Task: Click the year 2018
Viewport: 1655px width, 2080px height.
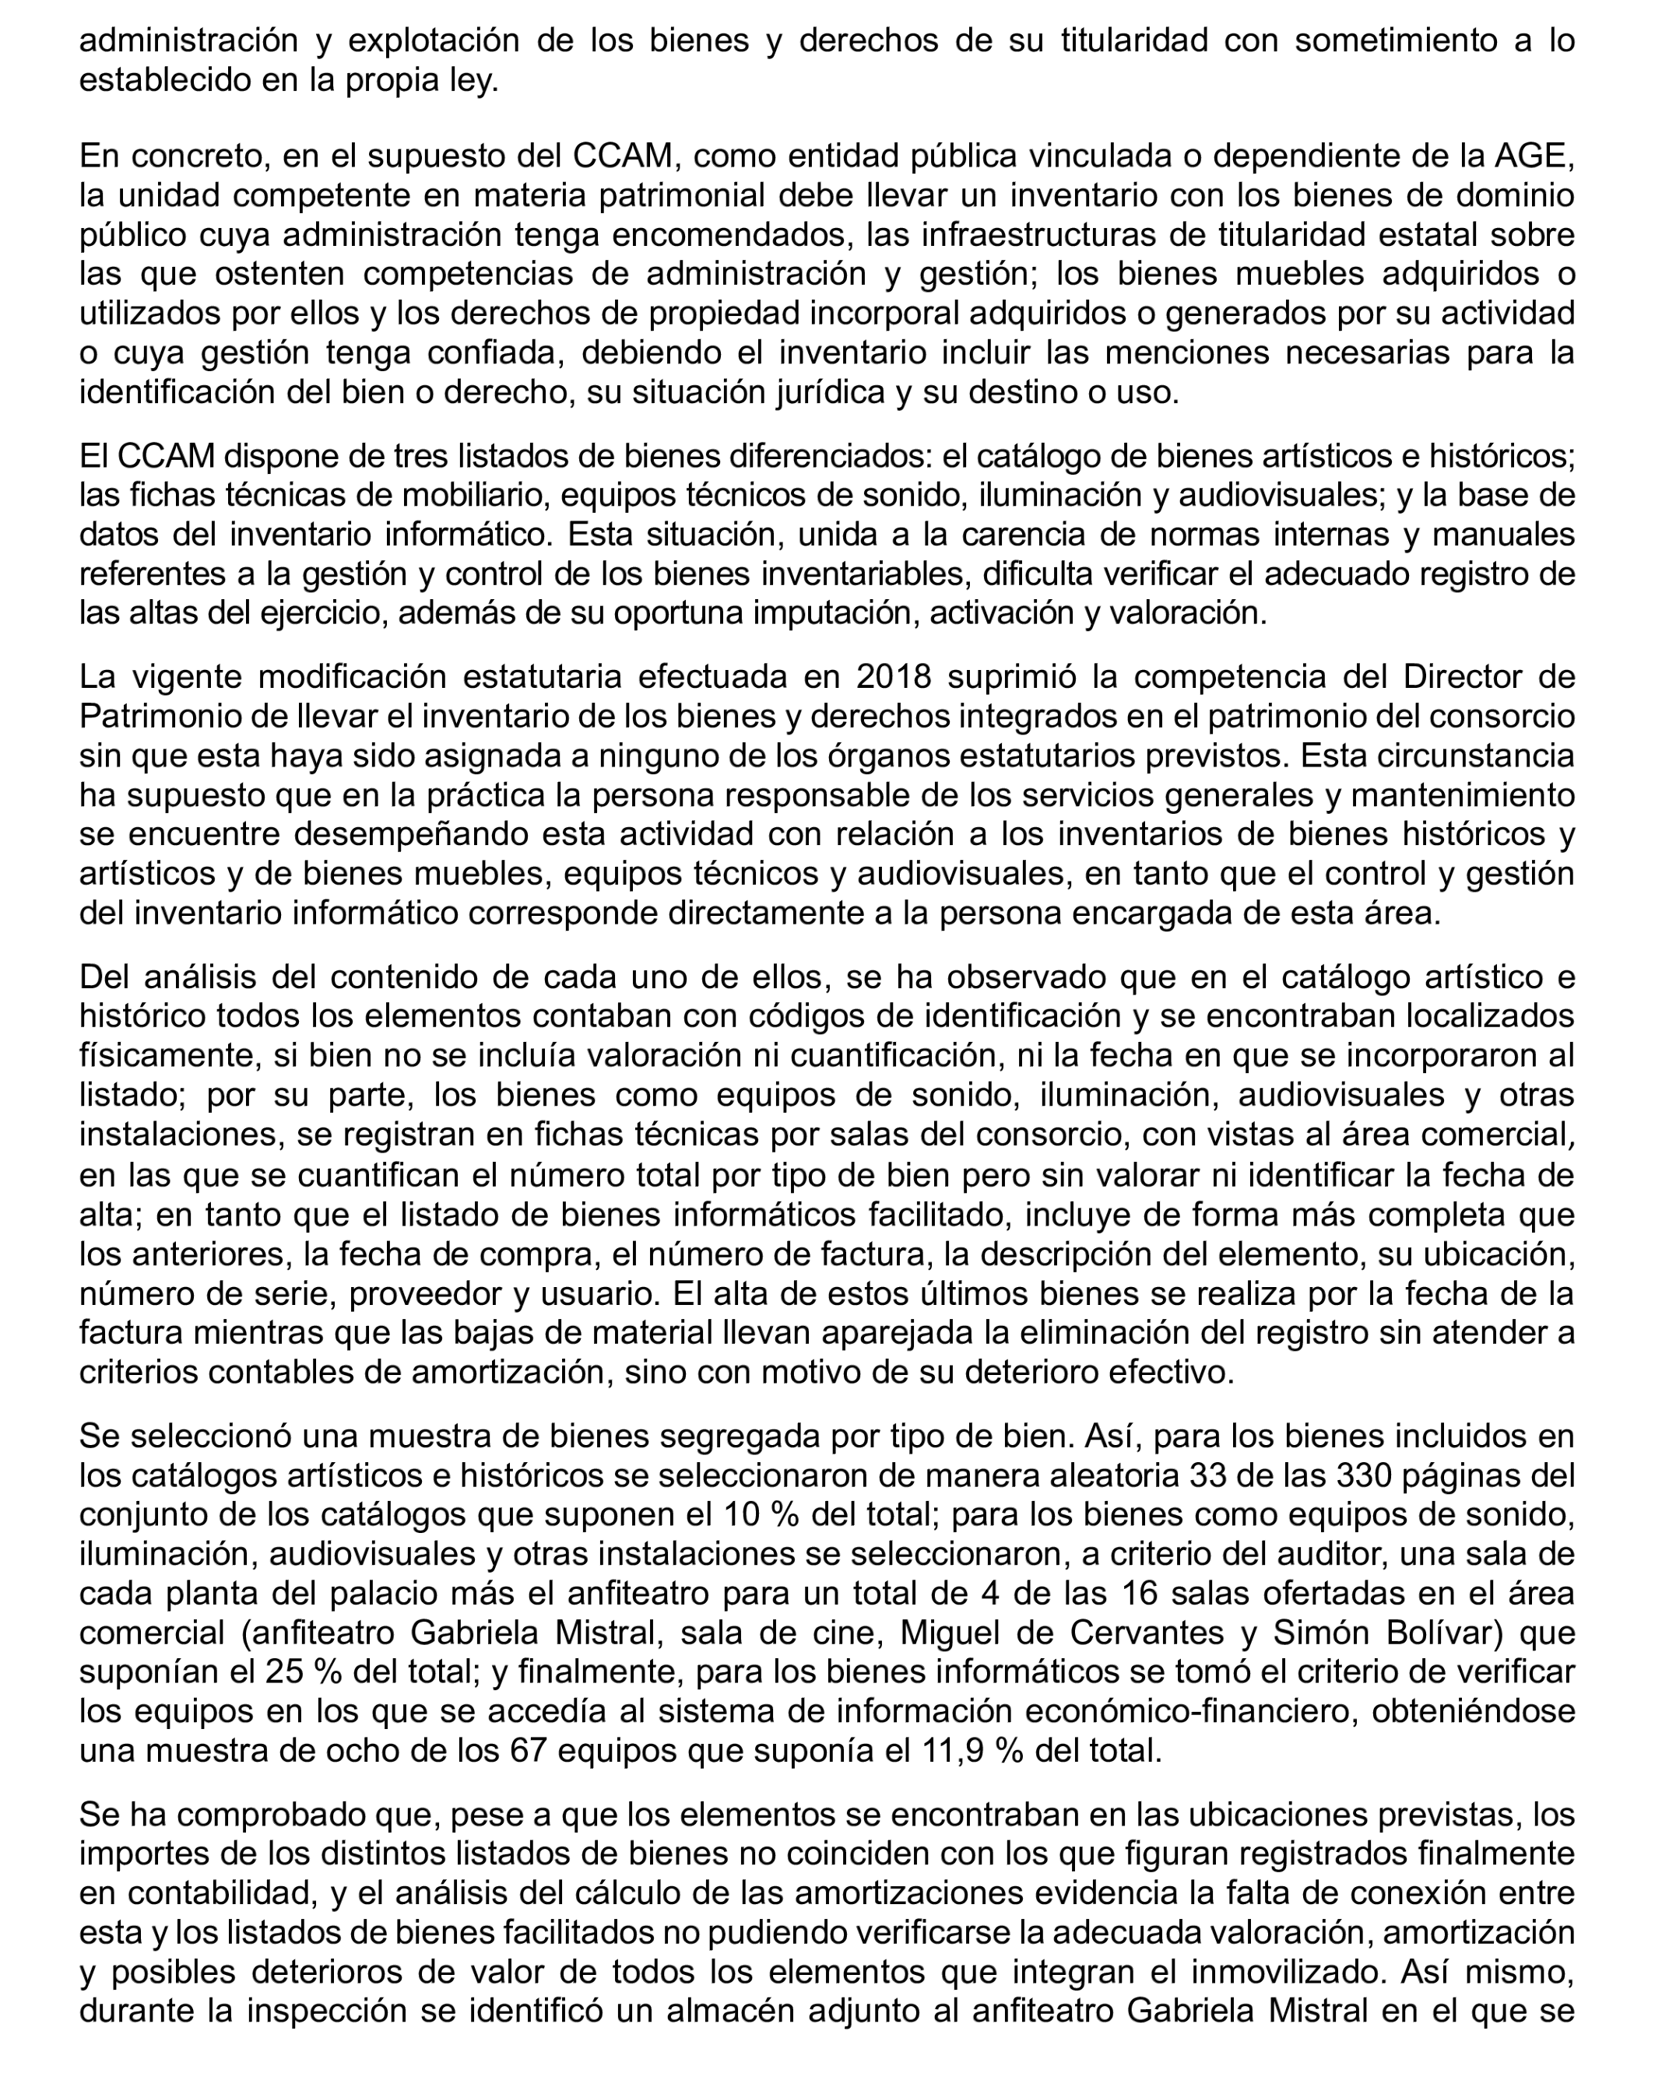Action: pyautogui.click(x=894, y=676)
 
